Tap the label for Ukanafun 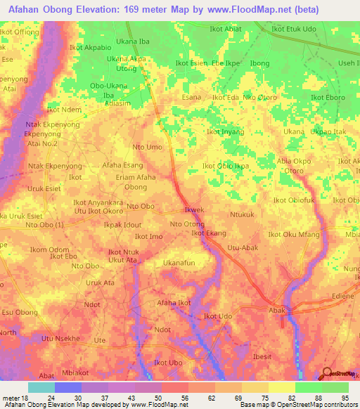click(179, 263)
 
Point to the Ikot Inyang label click(225, 131)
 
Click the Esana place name click(192, 97)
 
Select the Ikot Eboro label click(328, 97)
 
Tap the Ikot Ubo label click(169, 363)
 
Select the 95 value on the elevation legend click(345, 398)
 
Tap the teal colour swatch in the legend click(41, 387)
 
